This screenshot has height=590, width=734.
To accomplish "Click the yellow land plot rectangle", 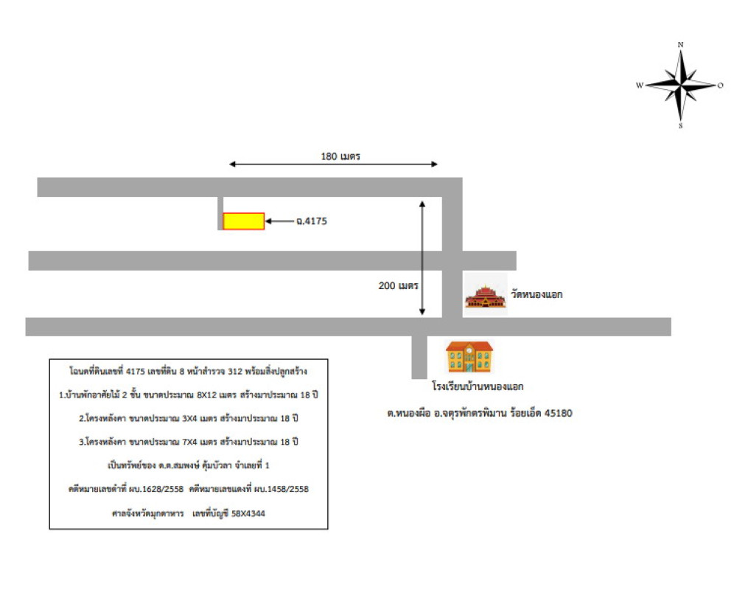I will coord(243,221).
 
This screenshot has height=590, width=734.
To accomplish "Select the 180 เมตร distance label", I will coord(339,156).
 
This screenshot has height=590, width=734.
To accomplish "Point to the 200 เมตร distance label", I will coord(398,285).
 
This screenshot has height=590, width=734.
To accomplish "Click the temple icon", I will coord(486,295).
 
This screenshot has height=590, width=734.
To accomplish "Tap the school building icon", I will coord(469,357).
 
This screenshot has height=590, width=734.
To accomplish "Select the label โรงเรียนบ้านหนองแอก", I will coord(482,386).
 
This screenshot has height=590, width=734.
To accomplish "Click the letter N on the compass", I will coord(680,45).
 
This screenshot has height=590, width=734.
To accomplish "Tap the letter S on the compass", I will coord(680,126).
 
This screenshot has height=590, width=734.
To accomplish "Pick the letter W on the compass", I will coord(640,86).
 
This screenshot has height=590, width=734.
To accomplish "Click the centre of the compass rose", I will coord(680,85).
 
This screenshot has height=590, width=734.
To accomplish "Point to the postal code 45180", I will coord(558,414).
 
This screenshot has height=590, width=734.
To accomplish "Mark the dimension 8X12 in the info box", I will coord(209,395).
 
